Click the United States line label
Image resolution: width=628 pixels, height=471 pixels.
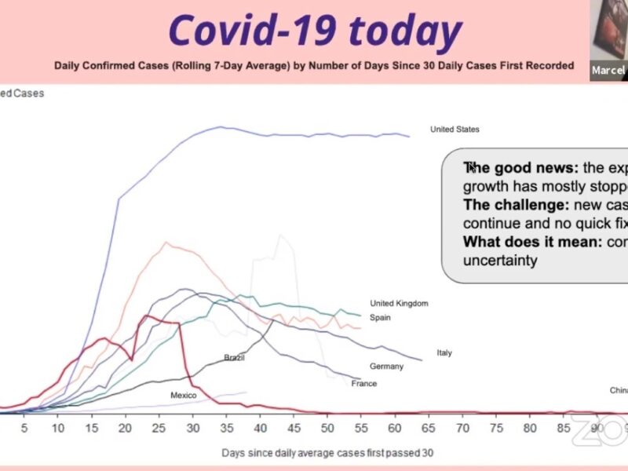click(x=455, y=130)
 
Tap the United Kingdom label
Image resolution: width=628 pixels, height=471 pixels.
click(x=399, y=304)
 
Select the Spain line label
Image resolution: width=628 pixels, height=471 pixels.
click(x=380, y=318)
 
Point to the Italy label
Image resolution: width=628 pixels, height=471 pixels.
click(x=444, y=353)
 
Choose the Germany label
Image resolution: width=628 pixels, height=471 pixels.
click(x=386, y=367)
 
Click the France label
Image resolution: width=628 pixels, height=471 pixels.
click(x=364, y=384)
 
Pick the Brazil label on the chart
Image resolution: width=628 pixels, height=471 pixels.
click(x=234, y=358)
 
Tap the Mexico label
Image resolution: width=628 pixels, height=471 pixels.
click(x=183, y=396)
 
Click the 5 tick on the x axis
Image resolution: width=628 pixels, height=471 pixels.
click(x=24, y=428)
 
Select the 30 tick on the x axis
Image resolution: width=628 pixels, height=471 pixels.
click(x=193, y=428)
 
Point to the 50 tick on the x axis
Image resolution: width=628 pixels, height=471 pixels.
click(x=327, y=428)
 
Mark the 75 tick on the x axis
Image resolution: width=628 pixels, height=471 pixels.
click(x=497, y=428)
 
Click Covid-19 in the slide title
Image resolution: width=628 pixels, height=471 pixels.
click(x=252, y=31)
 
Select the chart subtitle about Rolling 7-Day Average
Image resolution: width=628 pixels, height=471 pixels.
click(x=314, y=65)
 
